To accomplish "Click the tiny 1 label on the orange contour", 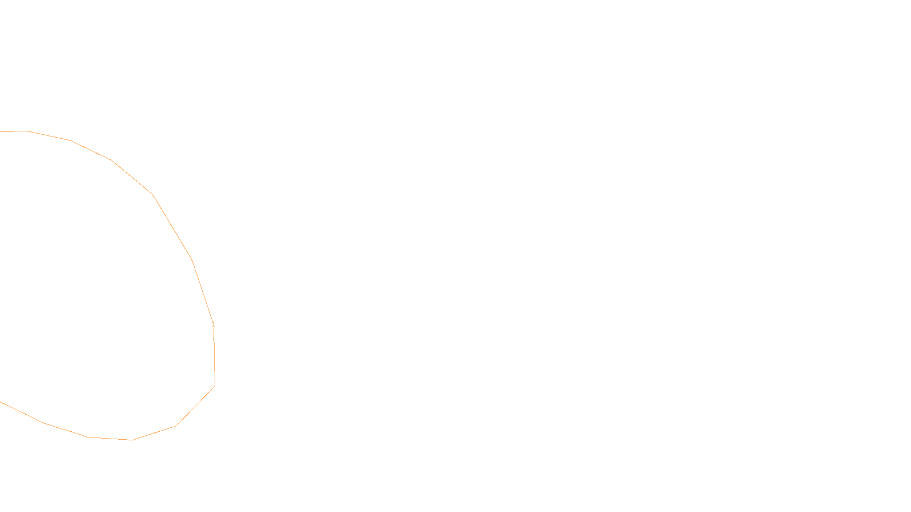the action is click(214, 325).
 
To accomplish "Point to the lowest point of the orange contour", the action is click(133, 440).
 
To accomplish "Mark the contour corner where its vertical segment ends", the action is click(215, 386).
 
